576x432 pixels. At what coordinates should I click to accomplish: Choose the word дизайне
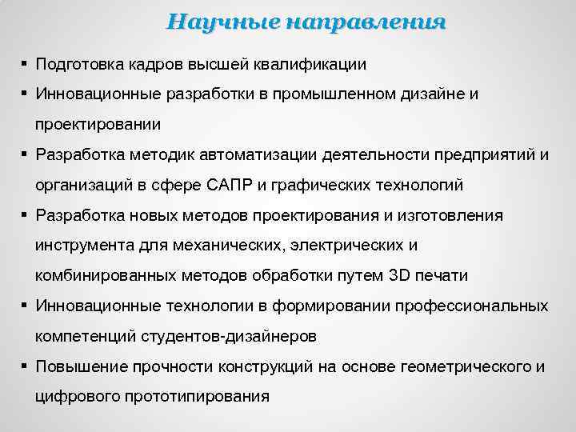434,94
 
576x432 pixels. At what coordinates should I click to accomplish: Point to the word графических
339,185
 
